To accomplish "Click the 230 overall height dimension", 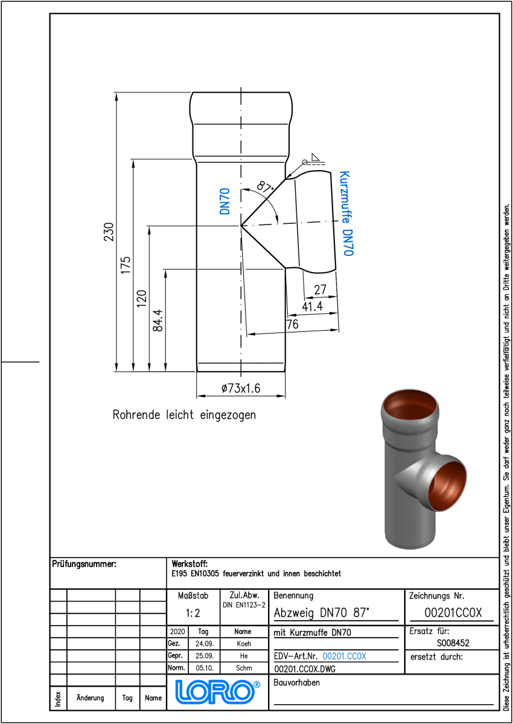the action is (x=109, y=232).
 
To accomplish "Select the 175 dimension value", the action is (x=126, y=265).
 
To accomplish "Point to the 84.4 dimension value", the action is (x=158, y=320).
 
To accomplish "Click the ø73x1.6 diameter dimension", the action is (x=241, y=388).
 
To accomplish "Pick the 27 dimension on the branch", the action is (x=320, y=289).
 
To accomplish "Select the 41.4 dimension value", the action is (x=312, y=306).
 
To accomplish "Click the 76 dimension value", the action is (x=293, y=324).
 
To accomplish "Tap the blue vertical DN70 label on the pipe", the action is (x=225, y=202).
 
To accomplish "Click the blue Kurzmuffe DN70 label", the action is (x=346, y=214).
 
